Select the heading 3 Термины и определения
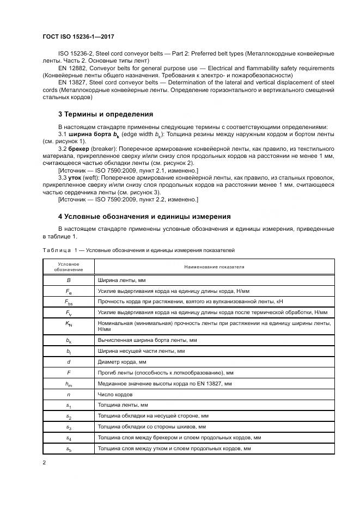(105, 114)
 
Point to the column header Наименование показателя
(214, 267)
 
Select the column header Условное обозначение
(68, 267)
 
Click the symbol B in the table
(68, 280)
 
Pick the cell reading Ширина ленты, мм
(122, 280)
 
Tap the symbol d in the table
(68, 361)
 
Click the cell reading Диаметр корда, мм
(122, 361)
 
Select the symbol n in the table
(68, 394)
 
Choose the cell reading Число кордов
(115, 394)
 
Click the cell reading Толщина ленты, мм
(123, 405)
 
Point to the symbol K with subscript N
(68, 323)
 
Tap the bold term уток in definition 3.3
(76, 177)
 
